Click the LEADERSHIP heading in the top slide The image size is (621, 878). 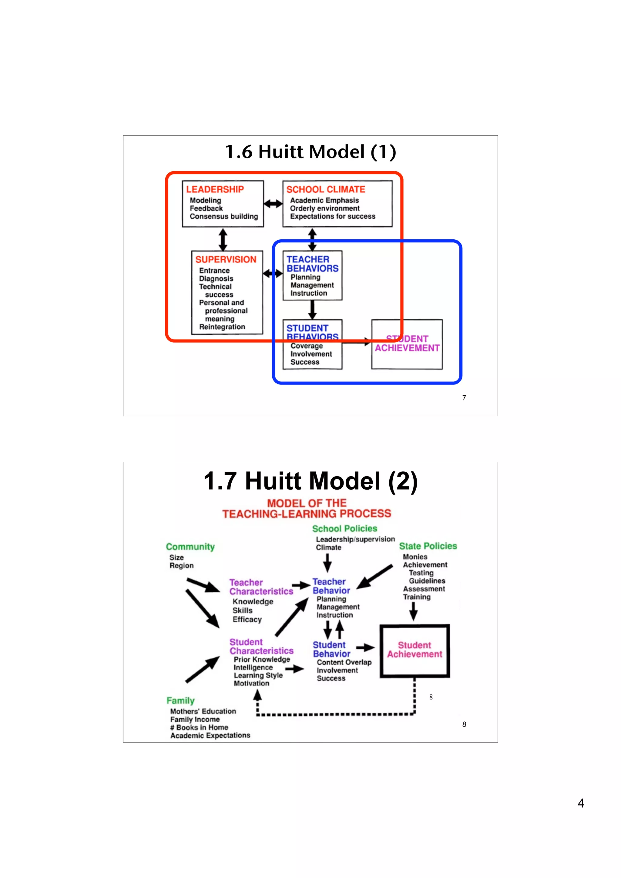(x=215, y=189)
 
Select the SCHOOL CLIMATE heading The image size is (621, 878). (x=326, y=189)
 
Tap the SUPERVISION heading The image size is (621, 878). (x=225, y=259)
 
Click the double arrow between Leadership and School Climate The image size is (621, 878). (x=273, y=204)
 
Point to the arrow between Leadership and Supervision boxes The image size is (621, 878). (x=223, y=239)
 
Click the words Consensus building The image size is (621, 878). (x=224, y=216)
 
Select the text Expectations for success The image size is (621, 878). (x=333, y=216)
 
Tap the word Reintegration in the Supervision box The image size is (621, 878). (x=222, y=327)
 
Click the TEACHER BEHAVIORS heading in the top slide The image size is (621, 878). (x=312, y=264)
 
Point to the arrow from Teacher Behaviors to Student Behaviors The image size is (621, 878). (x=312, y=309)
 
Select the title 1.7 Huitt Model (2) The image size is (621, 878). (x=310, y=481)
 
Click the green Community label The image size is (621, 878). (x=190, y=547)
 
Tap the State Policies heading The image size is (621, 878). (x=428, y=546)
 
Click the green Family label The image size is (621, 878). (x=180, y=700)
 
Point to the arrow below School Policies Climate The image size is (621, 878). (x=327, y=563)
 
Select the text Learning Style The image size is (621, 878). (x=258, y=675)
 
